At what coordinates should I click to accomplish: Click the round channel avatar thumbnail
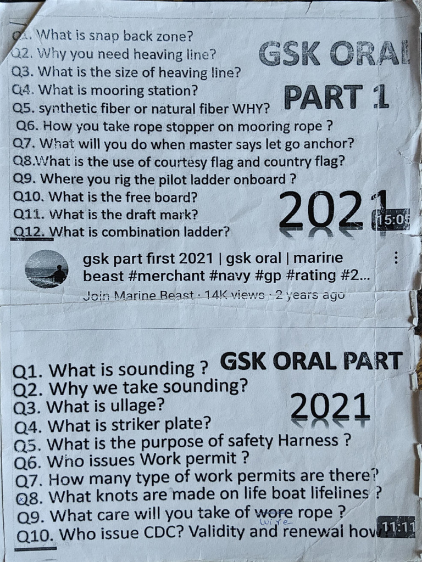pos(47,269)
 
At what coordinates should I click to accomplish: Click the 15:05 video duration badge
pos(391,220)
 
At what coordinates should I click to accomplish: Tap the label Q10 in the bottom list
pos(36,534)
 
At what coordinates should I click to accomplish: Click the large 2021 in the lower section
pos(329,407)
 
